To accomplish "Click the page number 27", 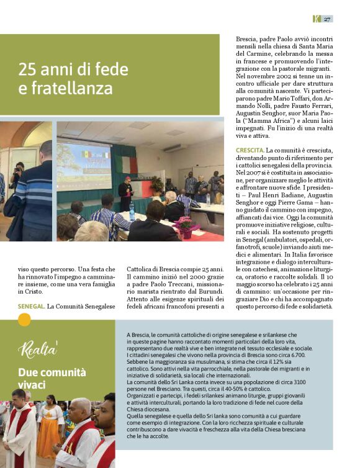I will [327, 19].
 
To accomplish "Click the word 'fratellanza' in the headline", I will [66, 89].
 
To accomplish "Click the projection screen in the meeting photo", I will [84, 168].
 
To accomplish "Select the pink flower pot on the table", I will [186, 226].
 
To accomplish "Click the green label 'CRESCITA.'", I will [250, 151].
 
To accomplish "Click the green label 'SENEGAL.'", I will [31, 307].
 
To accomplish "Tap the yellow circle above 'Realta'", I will [24, 320].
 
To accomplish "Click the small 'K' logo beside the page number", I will [316, 19].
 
